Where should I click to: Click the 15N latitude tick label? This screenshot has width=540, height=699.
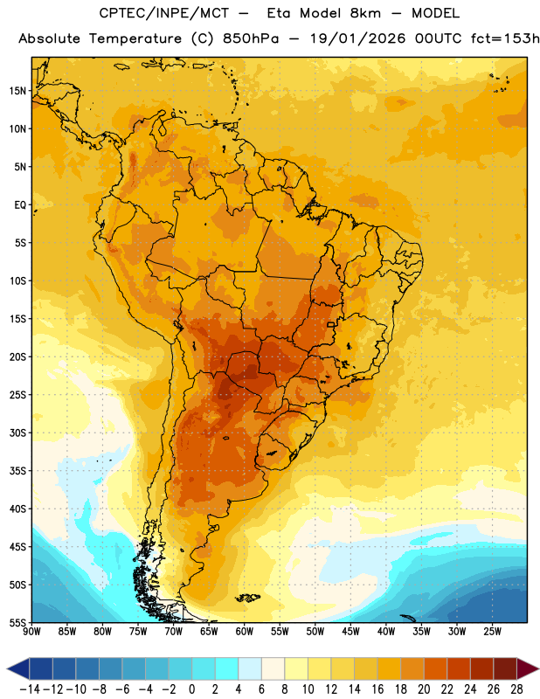tap(17, 91)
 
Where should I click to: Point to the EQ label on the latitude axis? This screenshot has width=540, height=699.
tap(20, 205)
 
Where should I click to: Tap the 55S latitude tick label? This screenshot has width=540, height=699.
tap(17, 623)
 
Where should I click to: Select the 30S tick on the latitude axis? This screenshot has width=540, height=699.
tap(17, 433)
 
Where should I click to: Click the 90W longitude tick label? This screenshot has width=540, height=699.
tap(31, 632)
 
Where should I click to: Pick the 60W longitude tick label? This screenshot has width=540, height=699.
tap(245, 632)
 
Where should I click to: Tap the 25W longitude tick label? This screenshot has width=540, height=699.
tap(492, 632)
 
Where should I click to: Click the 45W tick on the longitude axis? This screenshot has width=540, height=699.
tap(350, 632)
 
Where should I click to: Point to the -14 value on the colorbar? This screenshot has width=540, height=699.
tap(30, 689)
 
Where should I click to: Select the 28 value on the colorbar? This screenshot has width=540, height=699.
tap(516, 689)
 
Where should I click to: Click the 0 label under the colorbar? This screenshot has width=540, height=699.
tap(191, 689)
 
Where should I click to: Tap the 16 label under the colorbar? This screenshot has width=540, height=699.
tap(377, 689)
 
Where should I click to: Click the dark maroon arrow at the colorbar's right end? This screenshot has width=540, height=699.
tap(527, 668)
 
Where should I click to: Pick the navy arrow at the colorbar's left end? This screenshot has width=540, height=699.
tap(18, 668)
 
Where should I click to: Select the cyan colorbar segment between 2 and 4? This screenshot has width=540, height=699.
tap(226, 668)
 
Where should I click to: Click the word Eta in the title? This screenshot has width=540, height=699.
tap(279, 13)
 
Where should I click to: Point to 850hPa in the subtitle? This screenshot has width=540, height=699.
tap(251, 38)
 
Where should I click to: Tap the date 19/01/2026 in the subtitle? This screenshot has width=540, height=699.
tap(357, 38)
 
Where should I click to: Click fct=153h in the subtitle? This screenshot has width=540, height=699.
tap(505, 38)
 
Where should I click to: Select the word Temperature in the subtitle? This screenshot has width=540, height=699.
tap(135, 38)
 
